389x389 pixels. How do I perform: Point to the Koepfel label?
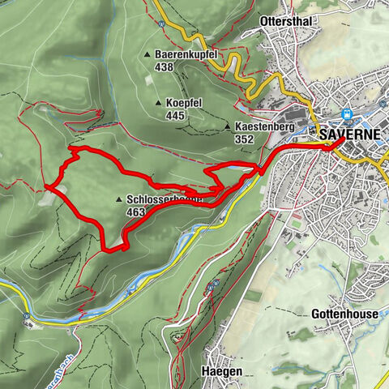coord(185,103)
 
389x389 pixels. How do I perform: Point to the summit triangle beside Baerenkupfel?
coord(147,55)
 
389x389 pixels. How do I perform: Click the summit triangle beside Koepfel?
coord(159,103)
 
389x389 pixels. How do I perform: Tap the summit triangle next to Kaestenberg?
coord(227,127)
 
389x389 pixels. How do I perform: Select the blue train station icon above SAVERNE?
coord(347,115)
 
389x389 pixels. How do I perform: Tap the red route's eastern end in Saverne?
coord(334,146)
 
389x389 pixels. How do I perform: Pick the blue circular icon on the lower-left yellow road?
coord(28,316)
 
